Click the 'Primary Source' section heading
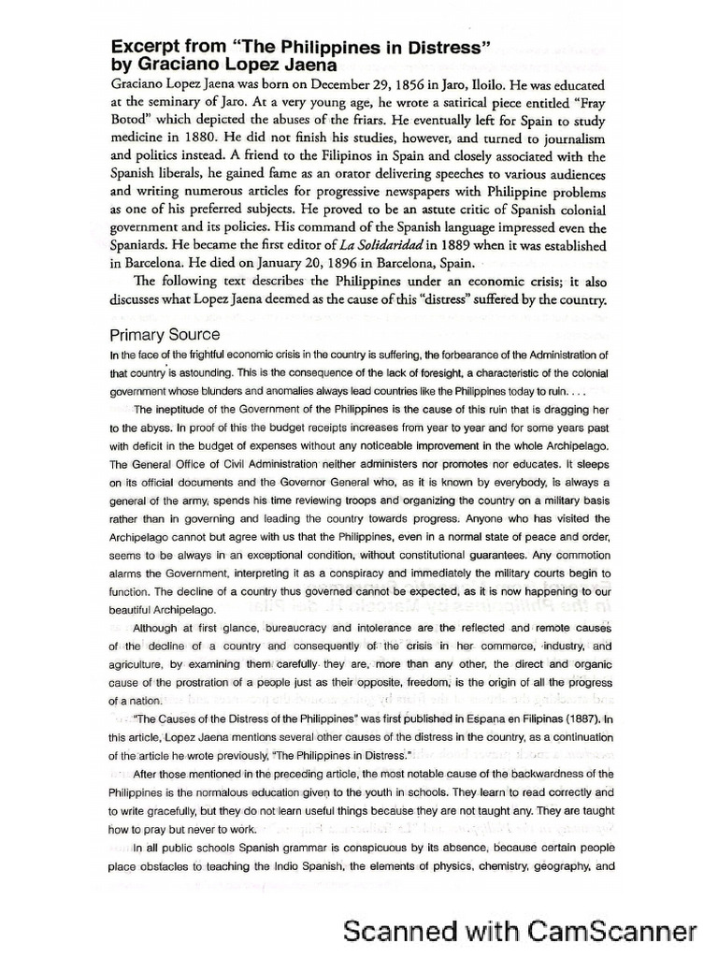point(165,334)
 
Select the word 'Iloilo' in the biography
point(525,82)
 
